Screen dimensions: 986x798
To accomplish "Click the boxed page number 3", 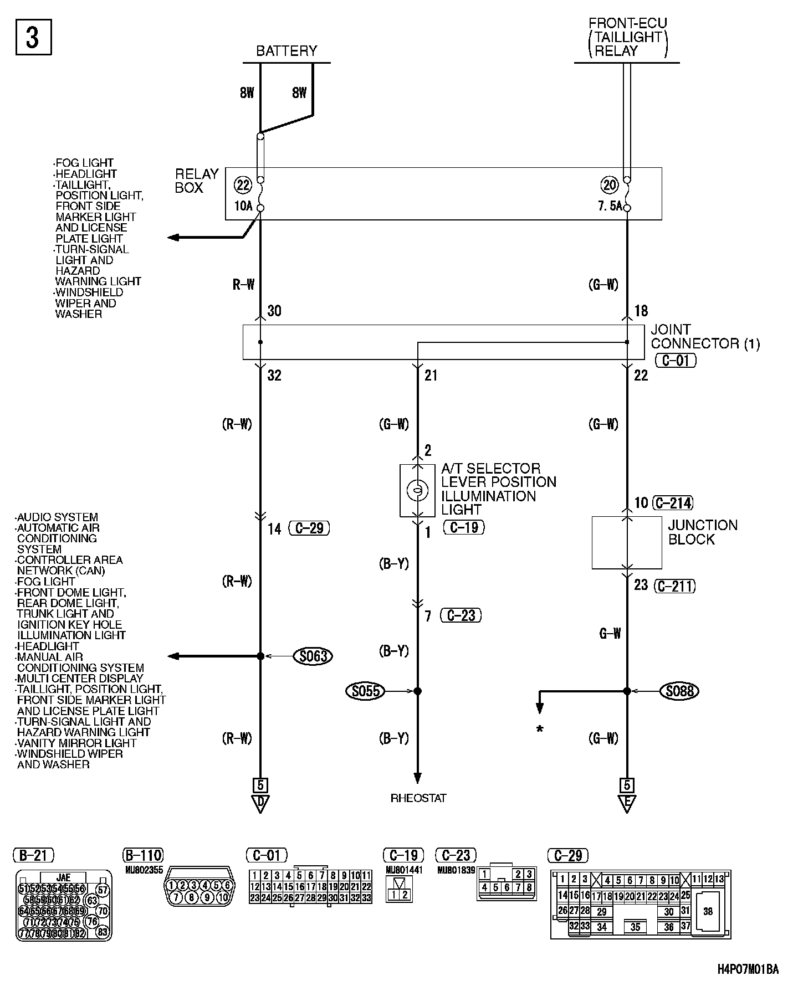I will (33, 38).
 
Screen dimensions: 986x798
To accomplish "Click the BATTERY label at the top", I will (287, 51).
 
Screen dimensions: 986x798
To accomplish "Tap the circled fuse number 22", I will (242, 184).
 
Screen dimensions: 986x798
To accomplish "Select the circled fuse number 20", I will (609, 184).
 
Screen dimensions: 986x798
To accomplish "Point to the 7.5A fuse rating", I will (610, 207).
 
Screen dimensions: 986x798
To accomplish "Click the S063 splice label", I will (313, 656).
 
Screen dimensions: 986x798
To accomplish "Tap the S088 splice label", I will (680, 691).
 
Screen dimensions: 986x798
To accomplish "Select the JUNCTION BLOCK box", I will (627, 543).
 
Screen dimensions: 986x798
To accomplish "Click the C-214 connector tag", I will (673, 503).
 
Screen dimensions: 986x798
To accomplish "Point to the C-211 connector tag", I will (674, 586).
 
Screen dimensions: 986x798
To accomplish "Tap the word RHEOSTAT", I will (418, 798).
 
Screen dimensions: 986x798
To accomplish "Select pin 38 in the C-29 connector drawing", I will (708, 911).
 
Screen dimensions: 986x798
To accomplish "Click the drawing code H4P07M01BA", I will (748, 970).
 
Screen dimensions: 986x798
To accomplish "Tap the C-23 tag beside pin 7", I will (461, 615).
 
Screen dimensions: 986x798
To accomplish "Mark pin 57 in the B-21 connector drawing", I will (102, 890).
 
